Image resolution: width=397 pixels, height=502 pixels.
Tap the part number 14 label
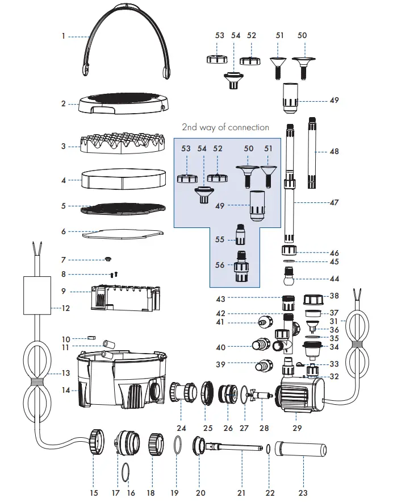pos(65,390)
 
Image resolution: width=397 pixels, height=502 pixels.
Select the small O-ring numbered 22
pos(268,449)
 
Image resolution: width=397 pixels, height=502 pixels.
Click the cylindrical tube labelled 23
pos(300,450)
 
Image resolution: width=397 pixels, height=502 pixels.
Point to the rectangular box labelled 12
pos(37,295)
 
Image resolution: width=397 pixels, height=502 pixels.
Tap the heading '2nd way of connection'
pos(225,127)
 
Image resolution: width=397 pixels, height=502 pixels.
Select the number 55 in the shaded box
pos(219,239)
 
